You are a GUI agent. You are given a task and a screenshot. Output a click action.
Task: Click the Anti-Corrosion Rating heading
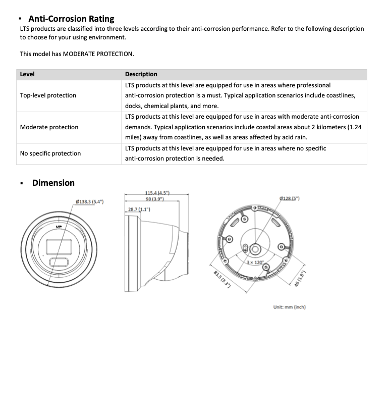click(71, 19)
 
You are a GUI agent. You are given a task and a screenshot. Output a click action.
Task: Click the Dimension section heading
click(53, 183)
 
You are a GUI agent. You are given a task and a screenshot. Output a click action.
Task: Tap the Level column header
click(27, 74)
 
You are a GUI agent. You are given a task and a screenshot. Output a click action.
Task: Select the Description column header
click(141, 74)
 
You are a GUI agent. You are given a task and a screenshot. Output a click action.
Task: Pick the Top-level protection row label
click(48, 95)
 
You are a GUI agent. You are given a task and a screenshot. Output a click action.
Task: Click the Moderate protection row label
click(49, 127)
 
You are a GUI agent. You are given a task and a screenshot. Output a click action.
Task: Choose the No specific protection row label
click(50, 153)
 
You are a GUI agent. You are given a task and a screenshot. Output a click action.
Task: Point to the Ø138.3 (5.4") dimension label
click(89, 202)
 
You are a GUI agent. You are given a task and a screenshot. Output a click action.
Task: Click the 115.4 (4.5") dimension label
click(157, 193)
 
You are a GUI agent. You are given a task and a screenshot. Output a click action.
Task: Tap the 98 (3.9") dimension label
click(155, 198)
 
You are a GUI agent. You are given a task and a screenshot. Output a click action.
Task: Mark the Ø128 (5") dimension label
click(289, 198)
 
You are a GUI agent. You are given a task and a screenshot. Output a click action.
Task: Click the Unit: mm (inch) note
click(289, 307)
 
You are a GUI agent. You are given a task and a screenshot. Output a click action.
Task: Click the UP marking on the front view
click(59, 227)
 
